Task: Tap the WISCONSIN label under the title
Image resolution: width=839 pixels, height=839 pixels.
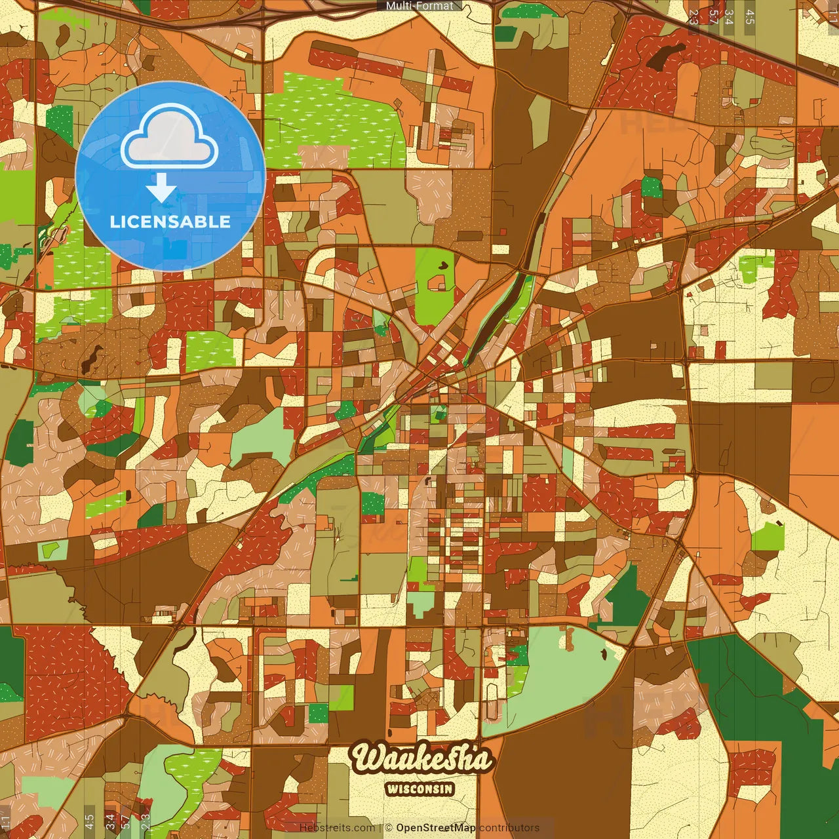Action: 419,789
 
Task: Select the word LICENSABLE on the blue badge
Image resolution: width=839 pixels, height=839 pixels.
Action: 170,222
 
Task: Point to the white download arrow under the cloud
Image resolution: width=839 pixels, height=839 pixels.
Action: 161,189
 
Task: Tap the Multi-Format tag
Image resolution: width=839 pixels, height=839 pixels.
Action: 419,6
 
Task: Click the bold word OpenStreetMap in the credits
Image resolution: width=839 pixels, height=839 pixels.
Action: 436,828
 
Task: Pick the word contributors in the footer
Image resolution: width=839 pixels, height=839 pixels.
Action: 509,828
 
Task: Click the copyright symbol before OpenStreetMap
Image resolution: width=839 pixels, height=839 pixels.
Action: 388,828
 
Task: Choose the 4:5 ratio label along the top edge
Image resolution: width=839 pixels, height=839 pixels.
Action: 750,17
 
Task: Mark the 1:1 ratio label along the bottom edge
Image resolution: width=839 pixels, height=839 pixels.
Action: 6,821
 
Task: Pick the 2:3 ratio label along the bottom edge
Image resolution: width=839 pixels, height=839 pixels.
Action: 146,821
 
